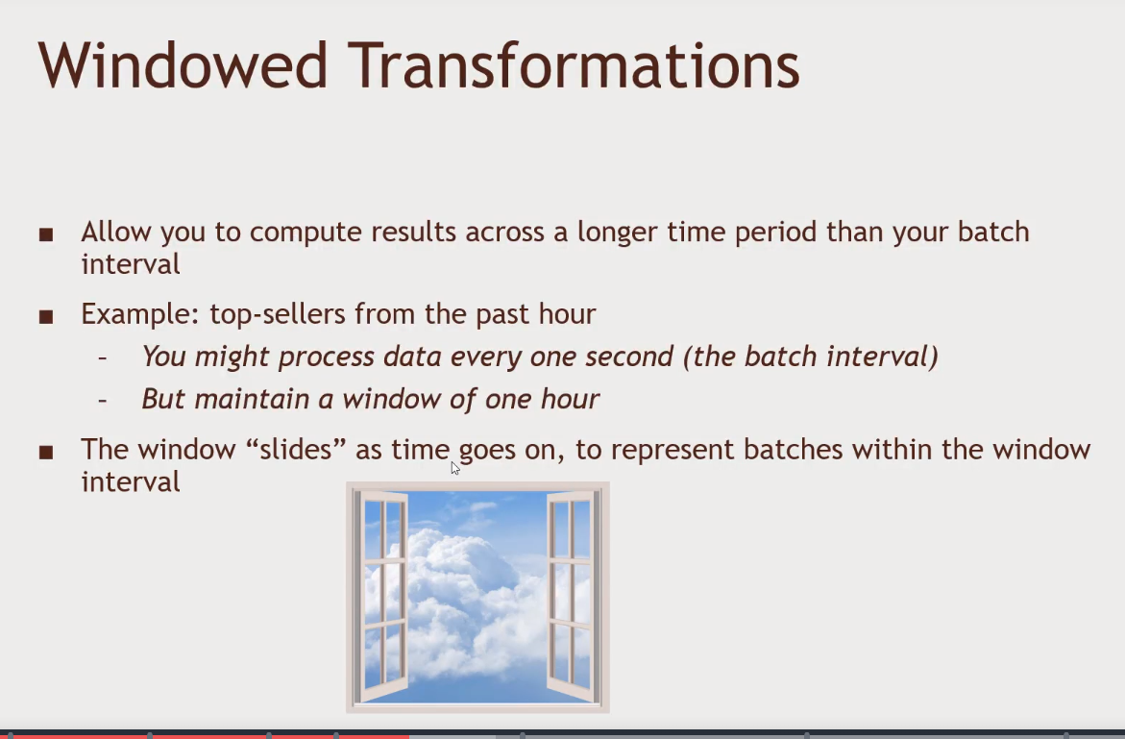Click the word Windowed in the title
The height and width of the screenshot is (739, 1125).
(183, 65)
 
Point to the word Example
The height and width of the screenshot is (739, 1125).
(140, 314)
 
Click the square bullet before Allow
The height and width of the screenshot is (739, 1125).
(46, 234)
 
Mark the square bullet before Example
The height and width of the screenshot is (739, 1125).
(46, 316)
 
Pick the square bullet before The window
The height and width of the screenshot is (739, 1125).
(46, 452)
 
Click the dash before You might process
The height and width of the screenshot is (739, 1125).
(103, 357)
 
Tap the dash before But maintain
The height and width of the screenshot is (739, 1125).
(103, 400)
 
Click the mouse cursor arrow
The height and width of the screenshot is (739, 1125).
(454, 468)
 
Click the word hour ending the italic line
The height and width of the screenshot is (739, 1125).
(570, 399)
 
